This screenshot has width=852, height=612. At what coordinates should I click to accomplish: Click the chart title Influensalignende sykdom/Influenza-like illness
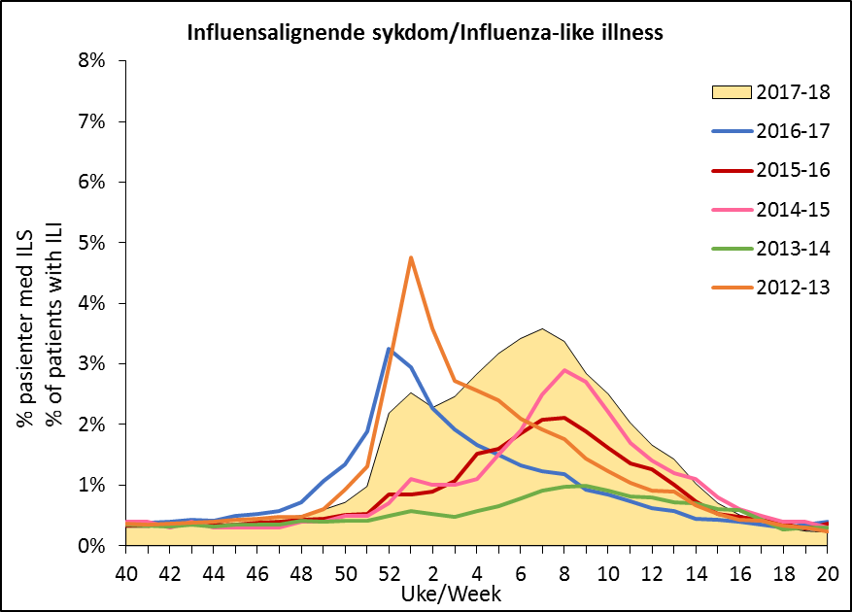[x=426, y=34]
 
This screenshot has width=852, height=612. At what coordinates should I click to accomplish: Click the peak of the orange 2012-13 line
[x=412, y=257]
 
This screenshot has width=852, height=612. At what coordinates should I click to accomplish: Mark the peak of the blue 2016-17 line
[x=389, y=348]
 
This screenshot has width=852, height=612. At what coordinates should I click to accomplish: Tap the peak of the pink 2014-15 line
[x=564, y=370]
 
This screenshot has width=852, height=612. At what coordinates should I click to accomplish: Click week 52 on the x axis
[x=388, y=570]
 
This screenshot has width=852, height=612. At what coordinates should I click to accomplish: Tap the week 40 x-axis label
[x=126, y=570]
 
